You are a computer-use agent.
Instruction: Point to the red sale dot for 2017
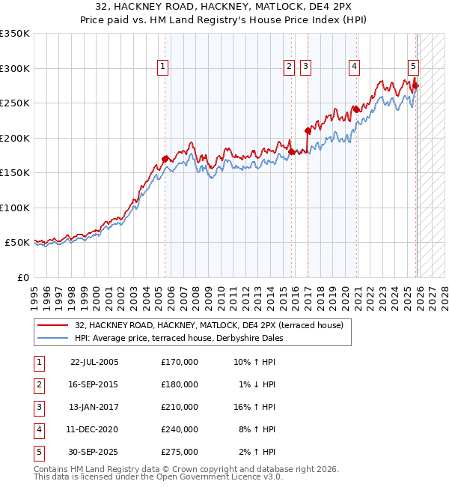(308, 130)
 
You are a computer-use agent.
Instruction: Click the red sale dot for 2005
(165, 159)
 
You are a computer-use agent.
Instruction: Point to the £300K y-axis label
(15, 68)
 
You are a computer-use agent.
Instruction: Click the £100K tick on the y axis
(15, 208)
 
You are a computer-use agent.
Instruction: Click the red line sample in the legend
(53, 325)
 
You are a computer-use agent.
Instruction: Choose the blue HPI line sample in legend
(53, 338)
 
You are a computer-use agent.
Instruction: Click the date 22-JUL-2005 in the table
(94, 362)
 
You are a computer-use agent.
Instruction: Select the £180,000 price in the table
(180, 384)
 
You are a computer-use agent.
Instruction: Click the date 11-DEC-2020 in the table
(94, 429)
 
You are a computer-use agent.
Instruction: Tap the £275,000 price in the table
(180, 452)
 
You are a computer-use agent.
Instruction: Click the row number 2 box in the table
(37, 384)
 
